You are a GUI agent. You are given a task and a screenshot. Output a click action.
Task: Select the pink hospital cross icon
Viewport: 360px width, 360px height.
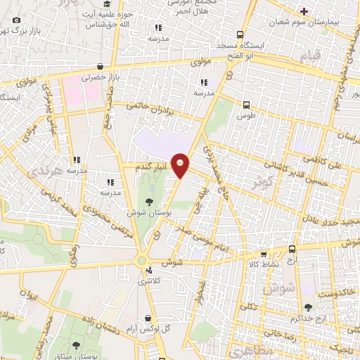[x=303, y=11]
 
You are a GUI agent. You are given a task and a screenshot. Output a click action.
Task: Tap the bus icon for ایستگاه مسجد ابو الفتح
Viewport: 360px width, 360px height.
[x=241, y=34]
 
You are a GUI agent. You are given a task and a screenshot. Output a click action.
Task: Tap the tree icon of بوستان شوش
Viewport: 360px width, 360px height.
[x=148, y=201]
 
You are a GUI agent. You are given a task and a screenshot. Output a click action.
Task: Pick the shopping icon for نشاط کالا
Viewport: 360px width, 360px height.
[x=264, y=255]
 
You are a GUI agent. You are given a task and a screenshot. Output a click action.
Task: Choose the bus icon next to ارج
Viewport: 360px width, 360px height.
[x=292, y=250]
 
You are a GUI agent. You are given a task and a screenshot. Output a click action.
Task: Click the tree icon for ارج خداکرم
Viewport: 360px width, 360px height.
[x=308, y=307]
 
